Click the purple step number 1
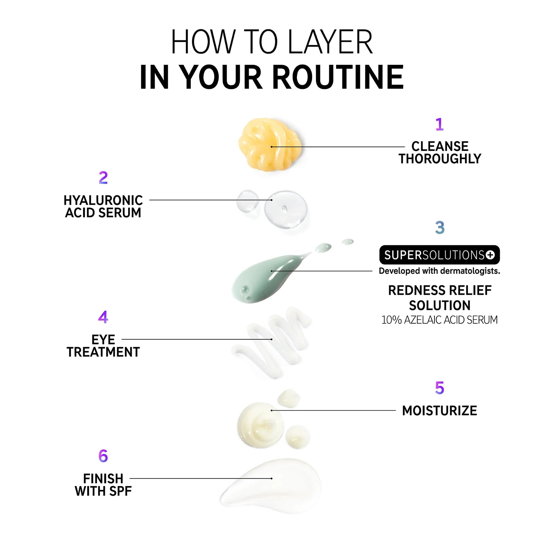(439, 124)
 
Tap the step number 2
(103, 178)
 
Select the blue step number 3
(440, 227)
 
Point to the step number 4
(103, 317)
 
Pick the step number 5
(439, 388)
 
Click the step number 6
(103, 456)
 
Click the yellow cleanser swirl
(270, 145)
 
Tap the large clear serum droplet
(286, 209)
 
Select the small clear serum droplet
(248, 201)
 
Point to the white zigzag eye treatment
(271, 341)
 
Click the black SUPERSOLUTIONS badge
(439, 255)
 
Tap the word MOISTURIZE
(439, 411)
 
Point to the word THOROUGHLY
(440, 159)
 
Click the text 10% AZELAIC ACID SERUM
(439, 320)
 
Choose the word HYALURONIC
(103, 200)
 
